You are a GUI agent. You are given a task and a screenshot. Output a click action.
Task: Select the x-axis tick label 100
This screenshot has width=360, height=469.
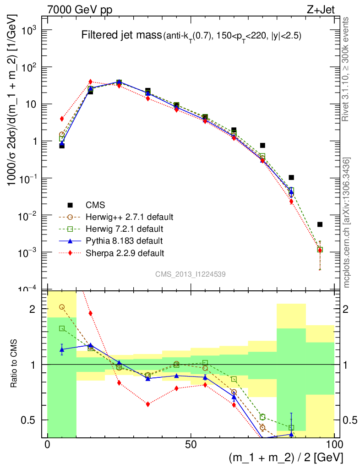[x=334, y=445]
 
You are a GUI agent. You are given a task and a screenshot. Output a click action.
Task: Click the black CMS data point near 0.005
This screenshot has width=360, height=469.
[x=320, y=224]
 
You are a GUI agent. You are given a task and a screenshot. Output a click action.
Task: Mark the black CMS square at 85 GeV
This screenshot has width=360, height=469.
[x=291, y=177]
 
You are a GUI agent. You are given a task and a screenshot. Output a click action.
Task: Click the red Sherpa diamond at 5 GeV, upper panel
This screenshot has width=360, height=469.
[x=62, y=119]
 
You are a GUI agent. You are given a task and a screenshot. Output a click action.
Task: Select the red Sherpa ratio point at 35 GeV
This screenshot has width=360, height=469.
[x=148, y=404]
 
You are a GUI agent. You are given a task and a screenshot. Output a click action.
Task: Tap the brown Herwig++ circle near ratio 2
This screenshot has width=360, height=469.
[x=62, y=307]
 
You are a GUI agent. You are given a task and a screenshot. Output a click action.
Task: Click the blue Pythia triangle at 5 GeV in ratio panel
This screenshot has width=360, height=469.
[x=62, y=349]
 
